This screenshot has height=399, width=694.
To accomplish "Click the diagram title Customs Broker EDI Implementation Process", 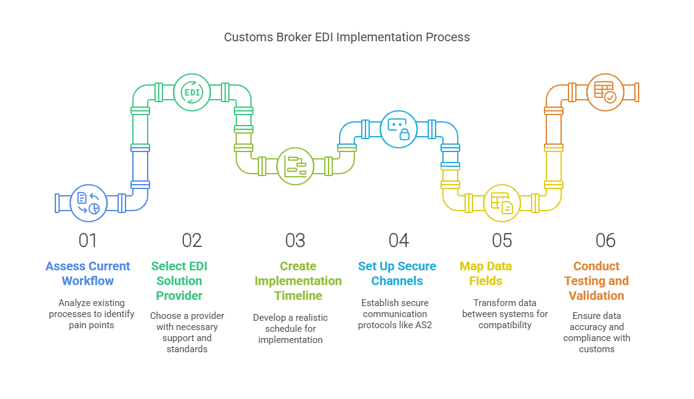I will pyautogui.click(x=346, y=37).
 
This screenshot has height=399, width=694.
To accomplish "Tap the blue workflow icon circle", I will pyautogui.click(x=89, y=203).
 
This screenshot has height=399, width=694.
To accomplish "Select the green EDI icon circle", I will pyautogui.click(x=191, y=92).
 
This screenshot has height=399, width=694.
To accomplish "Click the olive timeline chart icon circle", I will pyautogui.click(x=295, y=166).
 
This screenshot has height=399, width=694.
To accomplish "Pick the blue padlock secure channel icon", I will pyautogui.click(x=398, y=129).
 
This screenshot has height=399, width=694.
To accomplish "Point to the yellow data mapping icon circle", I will pyautogui.click(x=501, y=203).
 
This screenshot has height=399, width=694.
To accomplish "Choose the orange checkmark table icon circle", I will pyautogui.click(x=605, y=92).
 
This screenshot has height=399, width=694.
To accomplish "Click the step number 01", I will pyautogui.click(x=88, y=240).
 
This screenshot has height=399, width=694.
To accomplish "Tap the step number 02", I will pyautogui.click(x=191, y=240).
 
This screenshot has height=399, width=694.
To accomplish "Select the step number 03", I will pyautogui.click(x=295, y=240).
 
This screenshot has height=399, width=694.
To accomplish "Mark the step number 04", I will pyautogui.click(x=398, y=240).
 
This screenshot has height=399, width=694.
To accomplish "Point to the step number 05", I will pyautogui.click(x=501, y=240).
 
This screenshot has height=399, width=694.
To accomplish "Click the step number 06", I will pyautogui.click(x=605, y=240).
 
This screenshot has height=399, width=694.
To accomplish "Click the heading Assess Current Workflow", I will pyautogui.click(x=88, y=273).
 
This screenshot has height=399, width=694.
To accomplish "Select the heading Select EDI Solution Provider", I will pyautogui.click(x=179, y=281).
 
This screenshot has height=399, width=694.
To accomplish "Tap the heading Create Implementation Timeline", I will pyautogui.click(x=298, y=281).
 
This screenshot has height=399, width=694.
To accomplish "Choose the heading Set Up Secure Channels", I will pyautogui.click(x=397, y=273).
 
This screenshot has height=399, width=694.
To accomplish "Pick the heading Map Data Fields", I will pyautogui.click(x=485, y=273).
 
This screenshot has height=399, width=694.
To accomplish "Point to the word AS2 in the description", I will pyautogui.click(x=423, y=324).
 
